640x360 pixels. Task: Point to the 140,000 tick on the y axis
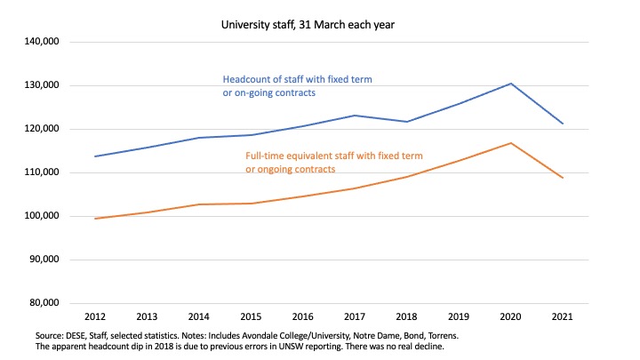[39, 42]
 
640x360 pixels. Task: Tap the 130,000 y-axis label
[39, 85]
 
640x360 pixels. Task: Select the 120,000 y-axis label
[39, 129]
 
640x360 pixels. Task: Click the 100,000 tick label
[39, 216]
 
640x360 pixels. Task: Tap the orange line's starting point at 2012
[94, 219]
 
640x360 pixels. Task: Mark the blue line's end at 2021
[563, 124]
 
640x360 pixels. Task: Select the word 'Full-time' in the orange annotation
[267, 156]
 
